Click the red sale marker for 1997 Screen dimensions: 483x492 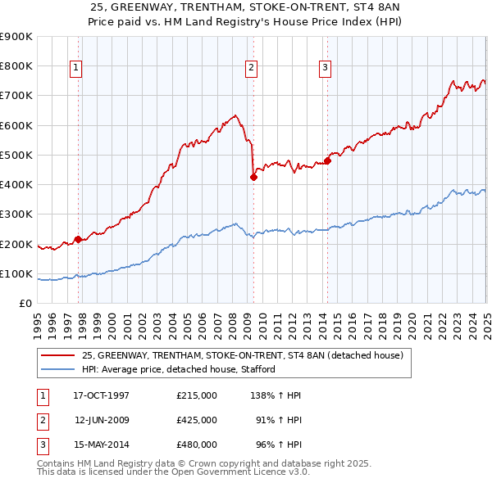pyautogui.click(x=79, y=239)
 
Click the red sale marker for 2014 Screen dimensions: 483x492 pyautogui.click(x=327, y=160)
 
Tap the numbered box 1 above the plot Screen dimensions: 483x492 pyautogui.click(x=75, y=68)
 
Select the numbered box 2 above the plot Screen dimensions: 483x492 pyautogui.click(x=251, y=68)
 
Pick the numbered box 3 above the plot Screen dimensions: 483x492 pyautogui.click(x=325, y=68)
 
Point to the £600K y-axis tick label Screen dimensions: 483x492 pyautogui.click(x=16, y=125)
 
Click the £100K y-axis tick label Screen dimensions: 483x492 pyautogui.click(x=16, y=273)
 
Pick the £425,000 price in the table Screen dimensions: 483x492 pyautogui.click(x=197, y=420)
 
